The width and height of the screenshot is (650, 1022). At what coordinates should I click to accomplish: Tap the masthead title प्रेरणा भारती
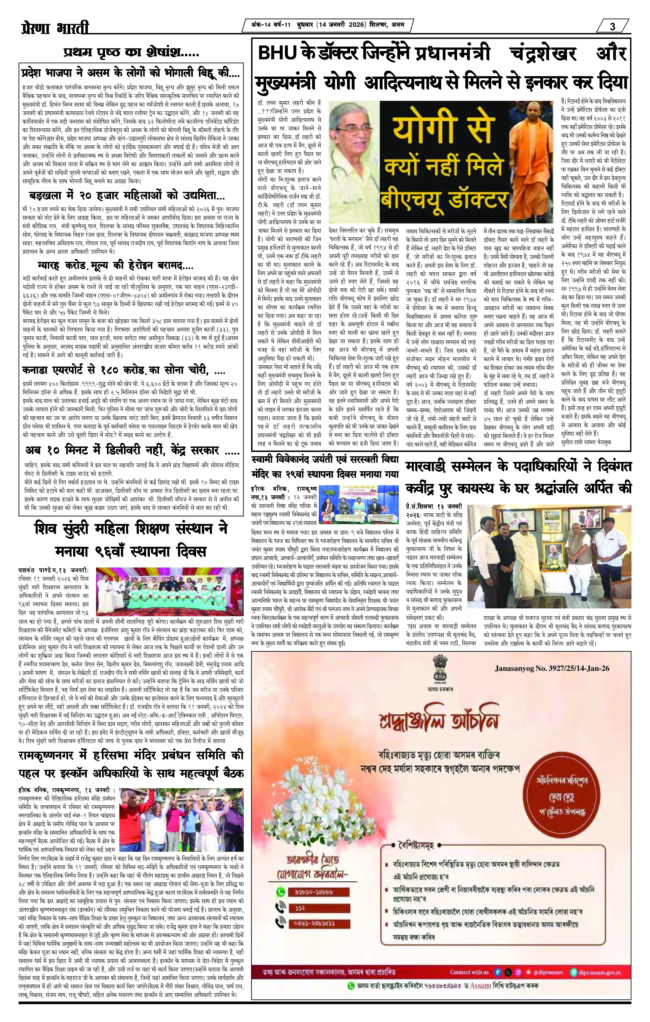pyautogui.click(x=55, y=29)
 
